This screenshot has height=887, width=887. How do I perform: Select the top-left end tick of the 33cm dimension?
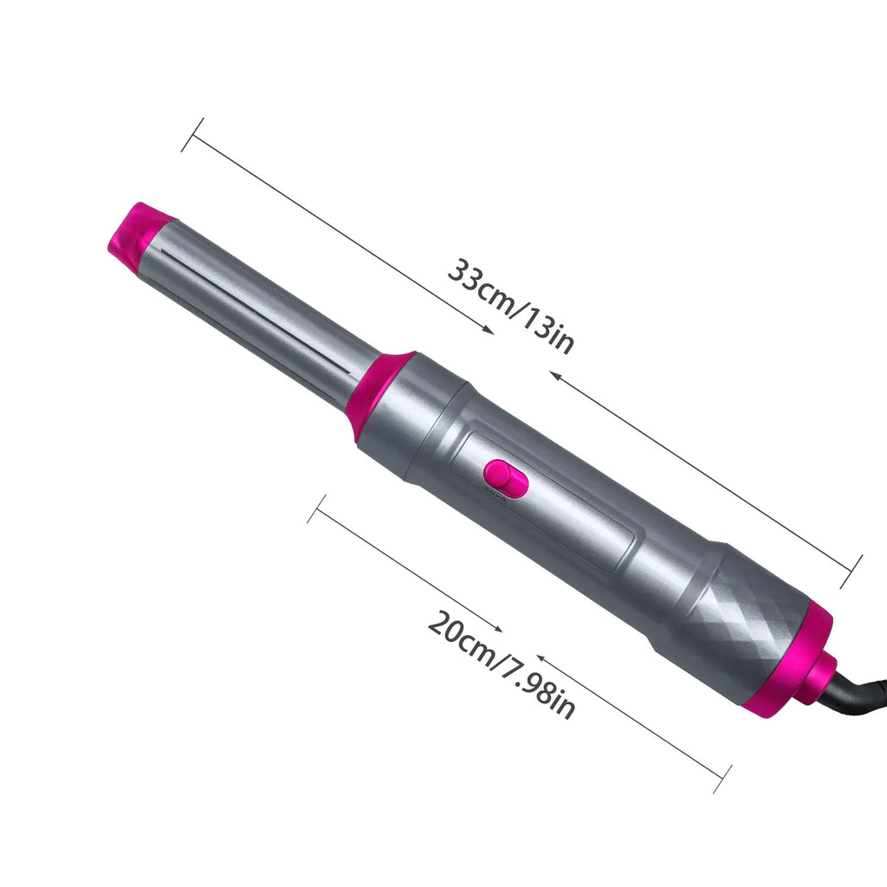[x=192, y=133]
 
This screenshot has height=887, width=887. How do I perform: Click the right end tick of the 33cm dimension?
[x=852, y=572]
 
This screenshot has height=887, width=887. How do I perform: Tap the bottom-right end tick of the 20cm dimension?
[x=722, y=778]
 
